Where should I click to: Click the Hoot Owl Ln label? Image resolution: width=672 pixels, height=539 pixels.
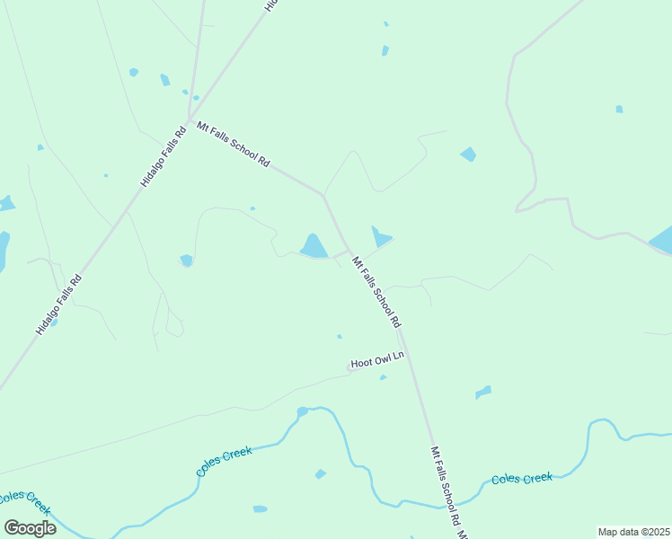coord(378,360)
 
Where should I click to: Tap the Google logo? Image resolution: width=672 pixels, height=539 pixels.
coord(30,528)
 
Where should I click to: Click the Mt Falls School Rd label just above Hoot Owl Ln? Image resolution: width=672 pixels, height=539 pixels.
coord(376,293)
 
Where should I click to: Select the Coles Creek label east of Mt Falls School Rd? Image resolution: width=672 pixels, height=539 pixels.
coord(522,479)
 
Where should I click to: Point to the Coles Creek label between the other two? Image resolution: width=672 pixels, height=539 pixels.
coord(224,462)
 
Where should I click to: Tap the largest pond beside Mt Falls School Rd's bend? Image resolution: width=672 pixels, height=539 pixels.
coord(314,245)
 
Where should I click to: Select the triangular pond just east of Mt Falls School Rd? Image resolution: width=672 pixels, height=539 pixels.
coord(380,237)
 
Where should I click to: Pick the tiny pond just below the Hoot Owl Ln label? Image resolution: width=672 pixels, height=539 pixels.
coord(383,377)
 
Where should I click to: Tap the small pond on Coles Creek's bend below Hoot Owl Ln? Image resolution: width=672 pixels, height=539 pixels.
coord(302,412)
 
